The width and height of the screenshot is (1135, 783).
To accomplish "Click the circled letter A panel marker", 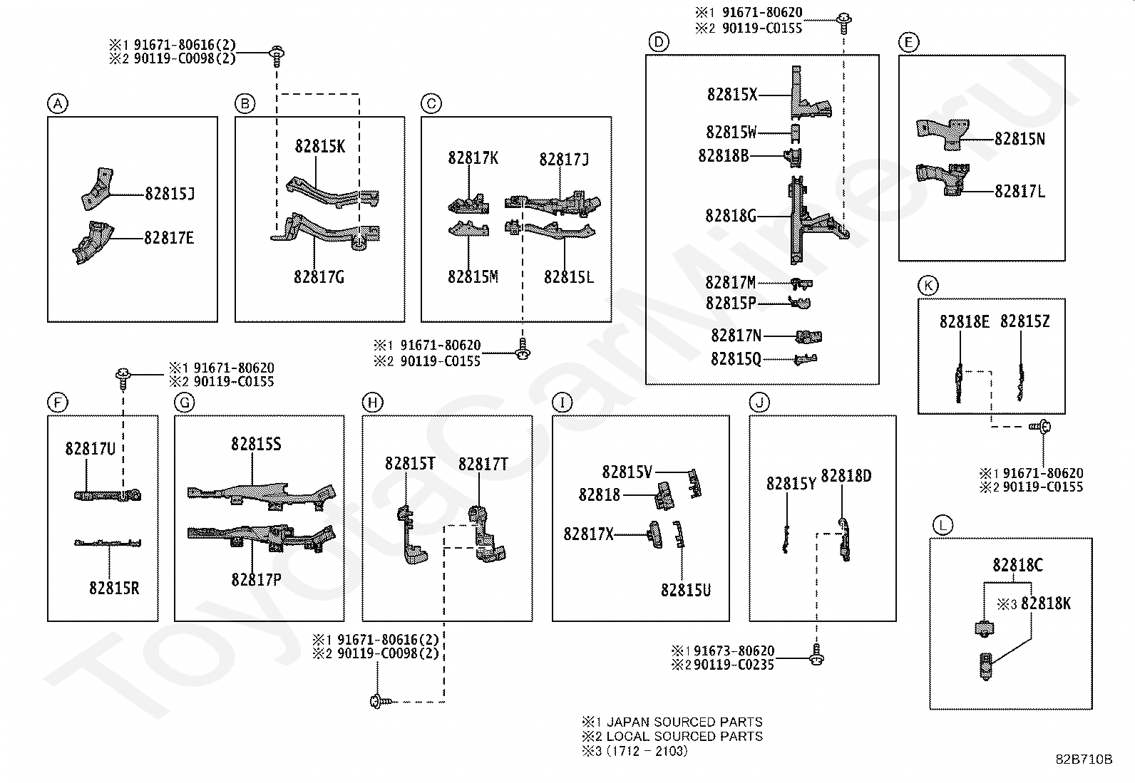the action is (58, 104).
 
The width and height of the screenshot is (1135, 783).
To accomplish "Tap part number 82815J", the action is (170, 194).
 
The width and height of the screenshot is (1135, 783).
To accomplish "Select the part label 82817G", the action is (319, 277).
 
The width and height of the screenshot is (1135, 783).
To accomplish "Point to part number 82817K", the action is (473, 158).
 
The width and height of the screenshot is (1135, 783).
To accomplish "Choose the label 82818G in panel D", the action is (731, 217).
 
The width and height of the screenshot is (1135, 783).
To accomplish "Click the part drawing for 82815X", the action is (810, 94).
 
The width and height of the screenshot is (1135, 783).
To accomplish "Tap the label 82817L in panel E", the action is (1020, 192).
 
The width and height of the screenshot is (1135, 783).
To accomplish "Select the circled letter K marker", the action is (928, 286).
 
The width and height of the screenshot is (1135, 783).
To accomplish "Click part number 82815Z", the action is (1025, 321).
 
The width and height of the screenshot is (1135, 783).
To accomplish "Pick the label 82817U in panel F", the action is (91, 449).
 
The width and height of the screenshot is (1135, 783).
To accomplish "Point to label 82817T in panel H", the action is (483, 464).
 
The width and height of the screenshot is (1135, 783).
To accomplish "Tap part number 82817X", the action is (589, 534).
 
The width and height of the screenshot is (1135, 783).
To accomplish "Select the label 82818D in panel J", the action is (846, 476).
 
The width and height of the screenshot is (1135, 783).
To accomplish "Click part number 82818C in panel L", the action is (1017, 565).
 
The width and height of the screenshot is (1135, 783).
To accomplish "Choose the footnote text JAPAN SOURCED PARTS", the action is (684, 722).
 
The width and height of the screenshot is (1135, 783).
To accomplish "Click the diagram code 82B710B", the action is (1084, 759).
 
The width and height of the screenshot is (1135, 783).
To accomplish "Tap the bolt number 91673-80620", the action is (734, 650).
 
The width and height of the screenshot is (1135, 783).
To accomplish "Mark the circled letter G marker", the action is (185, 403).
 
